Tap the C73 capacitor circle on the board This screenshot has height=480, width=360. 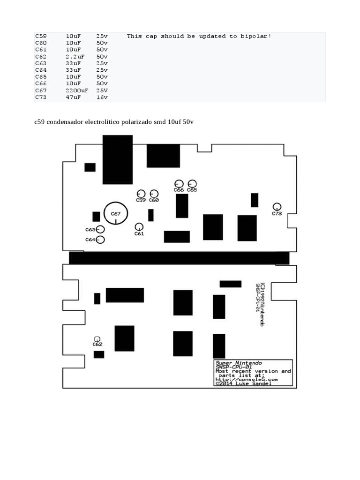[x=277, y=203]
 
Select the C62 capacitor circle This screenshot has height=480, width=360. [x=97, y=337]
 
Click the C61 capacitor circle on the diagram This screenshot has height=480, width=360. [x=139, y=224]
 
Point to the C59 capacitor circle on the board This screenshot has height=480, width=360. [x=141, y=190]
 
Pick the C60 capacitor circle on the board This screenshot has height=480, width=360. [x=154, y=190]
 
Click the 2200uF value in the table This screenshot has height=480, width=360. [x=77, y=90]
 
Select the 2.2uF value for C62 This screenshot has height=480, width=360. [x=75, y=57]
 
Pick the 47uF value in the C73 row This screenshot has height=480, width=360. [x=73, y=97]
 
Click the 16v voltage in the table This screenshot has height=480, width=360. [x=102, y=97]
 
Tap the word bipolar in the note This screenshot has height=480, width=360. [x=255, y=36]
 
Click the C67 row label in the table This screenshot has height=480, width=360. [x=41, y=90]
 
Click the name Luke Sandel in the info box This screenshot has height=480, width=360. [x=253, y=383]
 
